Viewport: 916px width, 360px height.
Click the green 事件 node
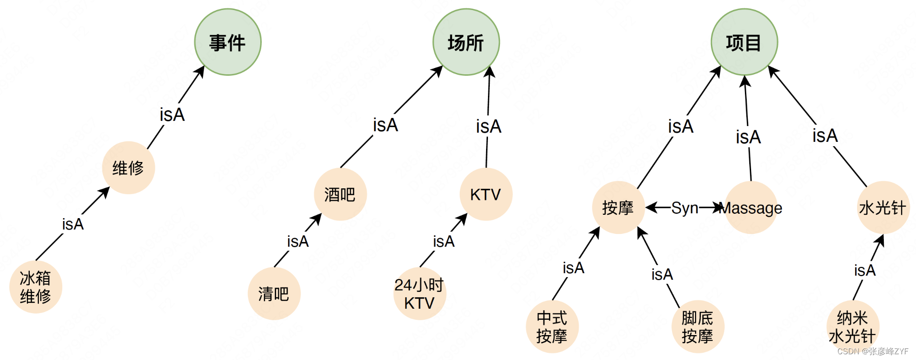point(228,42)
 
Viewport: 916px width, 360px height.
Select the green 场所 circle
point(466,42)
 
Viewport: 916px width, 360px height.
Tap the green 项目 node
point(744,42)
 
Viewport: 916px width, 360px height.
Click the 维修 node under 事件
point(128,168)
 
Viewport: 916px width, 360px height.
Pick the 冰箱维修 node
point(35,287)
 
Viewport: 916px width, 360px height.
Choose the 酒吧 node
point(340,194)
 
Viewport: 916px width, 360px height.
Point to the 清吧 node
point(274,293)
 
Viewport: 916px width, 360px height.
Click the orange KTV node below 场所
point(486,194)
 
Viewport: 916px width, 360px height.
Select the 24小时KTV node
point(419,293)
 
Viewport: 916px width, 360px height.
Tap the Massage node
point(751,208)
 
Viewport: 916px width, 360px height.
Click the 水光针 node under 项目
point(882,208)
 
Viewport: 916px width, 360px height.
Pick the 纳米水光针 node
point(852,327)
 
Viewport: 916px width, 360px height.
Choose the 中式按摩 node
point(552,327)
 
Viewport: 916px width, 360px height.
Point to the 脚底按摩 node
point(697,327)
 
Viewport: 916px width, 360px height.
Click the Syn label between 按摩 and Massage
point(684,208)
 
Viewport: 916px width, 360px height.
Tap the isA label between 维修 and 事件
point(172,115)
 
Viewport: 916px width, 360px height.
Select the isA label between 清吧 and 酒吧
point(298,241)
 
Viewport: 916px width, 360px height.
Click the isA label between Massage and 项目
point(748,137)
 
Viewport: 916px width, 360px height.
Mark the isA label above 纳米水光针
point(865,270)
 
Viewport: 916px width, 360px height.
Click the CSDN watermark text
point(872,351)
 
